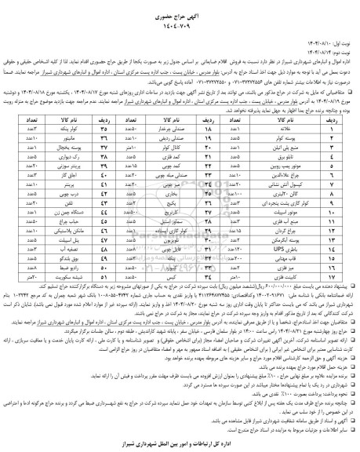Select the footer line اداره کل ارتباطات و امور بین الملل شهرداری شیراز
pos(180,442)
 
